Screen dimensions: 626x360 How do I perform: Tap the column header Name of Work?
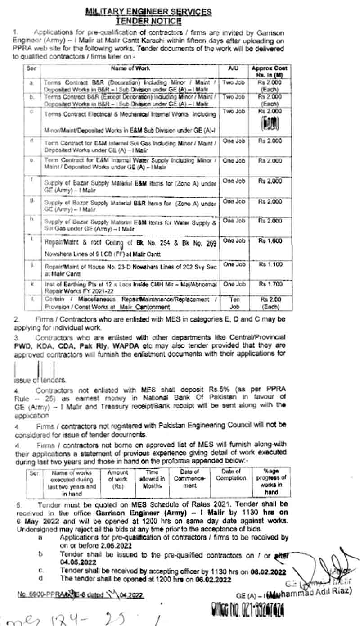point(130,68)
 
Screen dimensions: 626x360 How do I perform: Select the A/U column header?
point(233,68)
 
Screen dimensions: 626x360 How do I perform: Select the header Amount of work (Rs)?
point(117,479)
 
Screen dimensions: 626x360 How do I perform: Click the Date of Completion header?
point(231,475)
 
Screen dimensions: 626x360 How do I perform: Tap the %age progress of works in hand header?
point(272,481)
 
